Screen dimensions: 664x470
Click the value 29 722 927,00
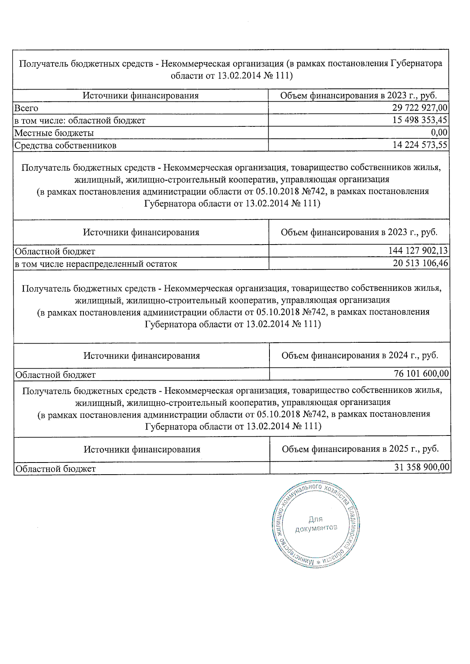(419, 108)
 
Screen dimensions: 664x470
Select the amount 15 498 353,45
(419, 120)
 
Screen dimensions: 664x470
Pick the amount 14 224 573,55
(419, 145)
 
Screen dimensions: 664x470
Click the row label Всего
(26, 108)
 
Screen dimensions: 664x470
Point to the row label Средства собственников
(65, 146)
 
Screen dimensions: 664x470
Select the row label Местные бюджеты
(54, 133)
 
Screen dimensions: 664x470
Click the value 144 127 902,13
(418, 251)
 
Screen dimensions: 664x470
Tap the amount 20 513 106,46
(420, 263)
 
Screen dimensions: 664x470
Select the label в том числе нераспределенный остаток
(96, 264)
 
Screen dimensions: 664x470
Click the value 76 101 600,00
(421, 374)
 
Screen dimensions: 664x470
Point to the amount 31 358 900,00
(421, 468)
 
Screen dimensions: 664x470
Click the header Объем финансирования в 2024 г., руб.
(360, 355)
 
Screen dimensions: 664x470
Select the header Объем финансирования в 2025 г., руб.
(360, 449)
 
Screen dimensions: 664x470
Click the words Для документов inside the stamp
(316, 524)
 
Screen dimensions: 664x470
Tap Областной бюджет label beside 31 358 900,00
(56, 468)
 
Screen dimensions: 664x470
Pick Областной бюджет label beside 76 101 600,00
(56, 374)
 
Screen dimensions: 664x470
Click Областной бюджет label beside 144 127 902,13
(55, 251)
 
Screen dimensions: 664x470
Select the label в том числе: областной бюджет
(80, 121)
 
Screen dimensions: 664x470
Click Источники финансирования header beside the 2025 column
(142, 449)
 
